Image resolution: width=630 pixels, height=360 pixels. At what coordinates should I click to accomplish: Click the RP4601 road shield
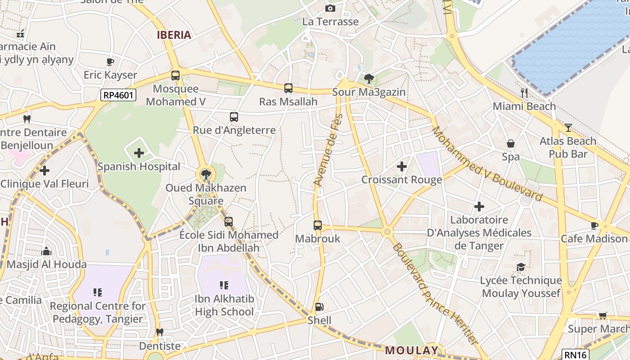(x=118, y=95)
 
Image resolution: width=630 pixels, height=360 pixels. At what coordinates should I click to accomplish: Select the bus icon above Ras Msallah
(x=288, y=88)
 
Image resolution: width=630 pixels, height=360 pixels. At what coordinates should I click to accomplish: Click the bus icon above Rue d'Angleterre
(x=234, y=117)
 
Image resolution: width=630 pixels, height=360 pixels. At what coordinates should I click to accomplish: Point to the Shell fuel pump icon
(x=319, y=307)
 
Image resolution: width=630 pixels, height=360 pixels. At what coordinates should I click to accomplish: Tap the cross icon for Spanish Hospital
(x=139, y=153)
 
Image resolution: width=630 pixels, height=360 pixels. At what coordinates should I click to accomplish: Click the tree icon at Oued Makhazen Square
(x=206, y=174)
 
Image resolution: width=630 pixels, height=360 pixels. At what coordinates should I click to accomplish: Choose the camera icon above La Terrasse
(x=330, y=8)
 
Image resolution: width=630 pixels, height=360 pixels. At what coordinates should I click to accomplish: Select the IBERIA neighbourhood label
(x=174, y=35)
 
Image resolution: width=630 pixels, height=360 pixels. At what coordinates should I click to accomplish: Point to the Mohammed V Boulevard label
(x=487, y=163)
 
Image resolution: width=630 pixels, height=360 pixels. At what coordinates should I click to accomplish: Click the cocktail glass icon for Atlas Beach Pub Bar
(x=568, y=128)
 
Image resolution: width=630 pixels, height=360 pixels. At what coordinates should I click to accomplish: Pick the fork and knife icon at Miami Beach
(x=524, y=93)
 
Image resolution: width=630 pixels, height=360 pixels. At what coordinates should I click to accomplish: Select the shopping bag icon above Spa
(x=511, y=144)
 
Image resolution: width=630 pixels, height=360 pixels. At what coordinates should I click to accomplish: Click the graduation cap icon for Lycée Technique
(x=521, y=267)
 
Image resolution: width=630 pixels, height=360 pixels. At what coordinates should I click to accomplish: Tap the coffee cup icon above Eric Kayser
(x=110, y=62)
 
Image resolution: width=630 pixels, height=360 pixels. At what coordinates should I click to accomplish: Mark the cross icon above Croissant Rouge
(x=402, y=166)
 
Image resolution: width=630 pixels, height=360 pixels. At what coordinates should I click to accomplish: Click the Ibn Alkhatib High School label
(x=224, y=305)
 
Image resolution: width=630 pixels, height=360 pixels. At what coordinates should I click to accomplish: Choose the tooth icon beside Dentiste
(x=159, y=333)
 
